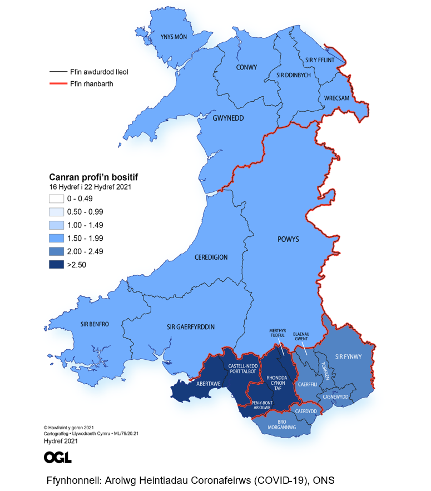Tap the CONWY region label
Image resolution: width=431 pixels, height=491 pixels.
click(x=246, y=67)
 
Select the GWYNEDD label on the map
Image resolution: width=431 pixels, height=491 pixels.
click(x=229, y=118)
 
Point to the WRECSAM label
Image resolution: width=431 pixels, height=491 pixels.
click(x=336, y=98)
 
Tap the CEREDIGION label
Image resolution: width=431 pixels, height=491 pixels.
click(x=211, y=257)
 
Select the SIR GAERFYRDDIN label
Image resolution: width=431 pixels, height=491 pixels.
click(x=191, y=326)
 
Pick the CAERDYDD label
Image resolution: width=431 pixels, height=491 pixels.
click(x=306, y=411)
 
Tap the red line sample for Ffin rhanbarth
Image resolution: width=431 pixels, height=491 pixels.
click(x=56, y=84)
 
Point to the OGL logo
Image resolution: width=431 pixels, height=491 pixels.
click(x=57, y=457)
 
